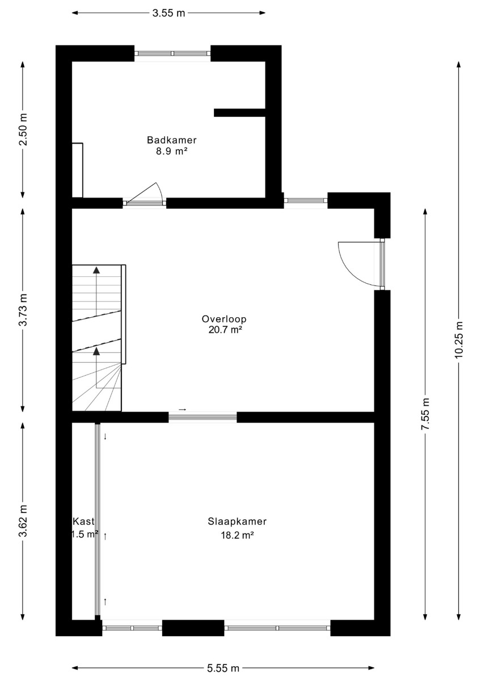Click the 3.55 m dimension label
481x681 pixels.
(168, 13)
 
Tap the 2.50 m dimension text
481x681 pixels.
(23, 129)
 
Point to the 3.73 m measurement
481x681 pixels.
(23, 309)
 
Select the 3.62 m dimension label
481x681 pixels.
(23, 521)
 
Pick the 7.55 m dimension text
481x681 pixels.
(425, 414)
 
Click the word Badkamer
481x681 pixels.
(172, 140)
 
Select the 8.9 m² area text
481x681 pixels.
(171, 151)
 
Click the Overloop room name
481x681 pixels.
(224, 319)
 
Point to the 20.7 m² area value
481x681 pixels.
(225, 330)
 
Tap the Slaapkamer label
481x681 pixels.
(237, 522)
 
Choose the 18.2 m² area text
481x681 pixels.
(237, 535)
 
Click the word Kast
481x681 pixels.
(83, 522)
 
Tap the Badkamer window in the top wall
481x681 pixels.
(172, 53)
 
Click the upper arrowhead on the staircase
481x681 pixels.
(96, 270)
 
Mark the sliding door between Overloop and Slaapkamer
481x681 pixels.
(202, 417)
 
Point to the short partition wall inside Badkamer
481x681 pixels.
(240, 112)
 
